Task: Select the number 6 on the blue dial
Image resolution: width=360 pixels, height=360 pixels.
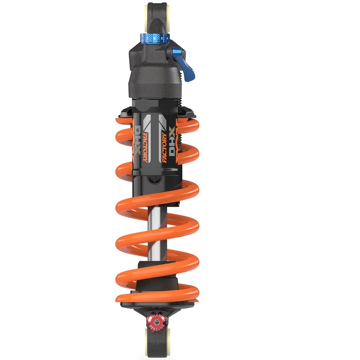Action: click(x=154, y=39)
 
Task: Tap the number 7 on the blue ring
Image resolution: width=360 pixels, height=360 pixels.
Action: click(x=148, y=39)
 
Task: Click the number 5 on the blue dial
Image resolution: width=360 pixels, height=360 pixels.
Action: click(x=162, y=39)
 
